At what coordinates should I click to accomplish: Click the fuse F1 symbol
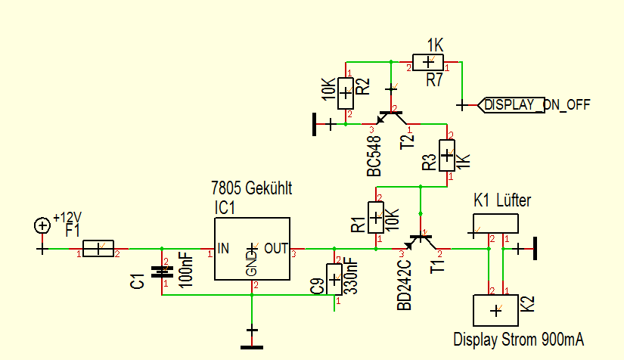98,248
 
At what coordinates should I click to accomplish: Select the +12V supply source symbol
42,225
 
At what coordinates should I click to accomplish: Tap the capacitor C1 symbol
161,272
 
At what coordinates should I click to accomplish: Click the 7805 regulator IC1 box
252,249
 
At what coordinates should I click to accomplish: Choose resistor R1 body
376,217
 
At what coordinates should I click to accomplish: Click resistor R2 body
346,94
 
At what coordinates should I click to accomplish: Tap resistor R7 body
429,62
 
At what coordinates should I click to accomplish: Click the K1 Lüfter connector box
495,223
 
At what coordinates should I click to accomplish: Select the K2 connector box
495,310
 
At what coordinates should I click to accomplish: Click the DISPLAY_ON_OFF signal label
533,104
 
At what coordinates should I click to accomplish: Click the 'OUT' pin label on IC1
276,248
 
